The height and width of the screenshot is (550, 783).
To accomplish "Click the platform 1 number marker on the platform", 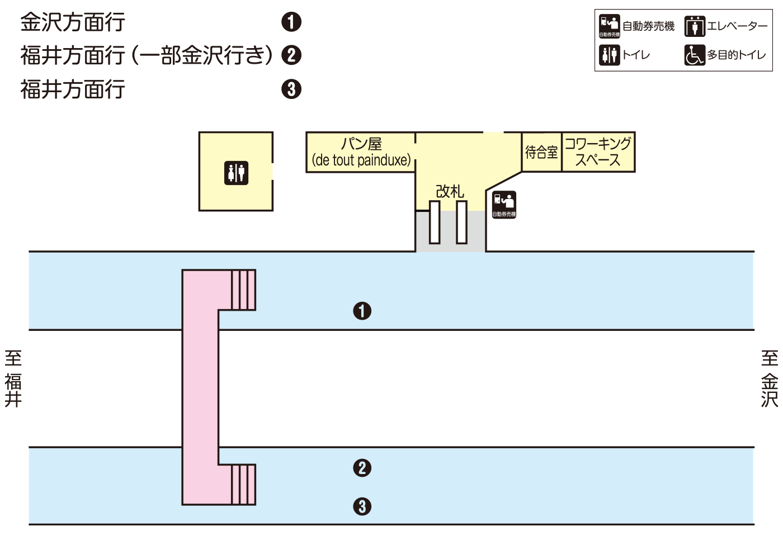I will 362,311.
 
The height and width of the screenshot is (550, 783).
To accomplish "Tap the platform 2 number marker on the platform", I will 362,468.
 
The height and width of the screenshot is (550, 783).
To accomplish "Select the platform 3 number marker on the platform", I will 362,506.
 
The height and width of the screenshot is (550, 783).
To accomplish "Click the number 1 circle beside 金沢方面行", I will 291,22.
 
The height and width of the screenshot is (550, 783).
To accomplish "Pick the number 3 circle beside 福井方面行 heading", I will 291,89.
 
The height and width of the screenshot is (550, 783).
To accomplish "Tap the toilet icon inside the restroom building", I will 236,173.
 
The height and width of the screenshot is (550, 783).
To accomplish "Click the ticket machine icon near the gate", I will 504,205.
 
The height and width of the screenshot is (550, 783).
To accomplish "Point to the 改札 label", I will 450,191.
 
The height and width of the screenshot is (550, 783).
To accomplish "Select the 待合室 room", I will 541,152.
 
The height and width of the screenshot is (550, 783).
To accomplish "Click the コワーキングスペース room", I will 598,152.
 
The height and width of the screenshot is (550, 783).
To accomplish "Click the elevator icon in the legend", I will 695,26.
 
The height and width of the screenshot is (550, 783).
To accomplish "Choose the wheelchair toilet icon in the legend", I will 695,55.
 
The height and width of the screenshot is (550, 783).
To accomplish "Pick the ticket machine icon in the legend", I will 610,26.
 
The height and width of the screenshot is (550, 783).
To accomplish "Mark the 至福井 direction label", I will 13,379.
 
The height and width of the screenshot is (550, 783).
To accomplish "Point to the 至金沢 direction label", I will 770,379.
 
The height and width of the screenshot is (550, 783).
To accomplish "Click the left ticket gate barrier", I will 435,222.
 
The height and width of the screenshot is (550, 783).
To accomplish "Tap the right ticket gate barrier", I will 461,222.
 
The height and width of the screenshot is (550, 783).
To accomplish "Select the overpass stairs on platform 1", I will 243,290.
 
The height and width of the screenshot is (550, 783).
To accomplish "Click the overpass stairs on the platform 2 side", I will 243,485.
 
